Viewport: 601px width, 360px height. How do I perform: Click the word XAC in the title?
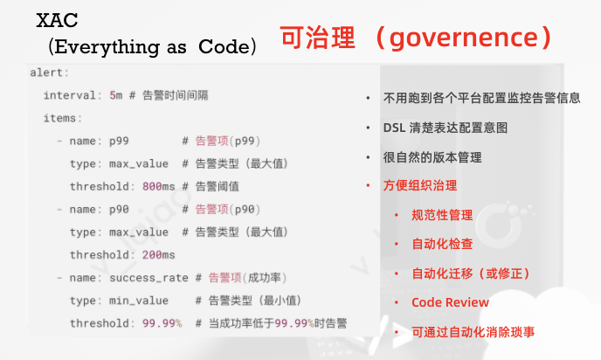(57, 20)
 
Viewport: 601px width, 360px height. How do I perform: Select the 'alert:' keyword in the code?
(50, 73)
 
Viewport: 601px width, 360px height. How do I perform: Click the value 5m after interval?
(116, 95)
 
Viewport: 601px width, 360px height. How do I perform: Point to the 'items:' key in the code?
(63, 118)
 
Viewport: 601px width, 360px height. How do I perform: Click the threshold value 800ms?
(159, 186)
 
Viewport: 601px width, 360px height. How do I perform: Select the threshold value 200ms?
(159, 255)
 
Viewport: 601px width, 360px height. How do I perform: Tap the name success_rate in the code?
(149, 278)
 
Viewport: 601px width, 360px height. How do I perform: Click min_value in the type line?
(139, 301)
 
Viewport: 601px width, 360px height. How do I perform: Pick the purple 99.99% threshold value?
(162, 323)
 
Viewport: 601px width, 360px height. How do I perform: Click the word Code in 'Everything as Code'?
(225, 47)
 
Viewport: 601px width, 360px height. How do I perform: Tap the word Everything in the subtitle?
(107, 47)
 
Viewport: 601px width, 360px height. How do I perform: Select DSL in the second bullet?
(394, 128)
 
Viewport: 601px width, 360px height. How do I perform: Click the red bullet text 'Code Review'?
(451, 302)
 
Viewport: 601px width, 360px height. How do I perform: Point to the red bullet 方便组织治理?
(420, 185)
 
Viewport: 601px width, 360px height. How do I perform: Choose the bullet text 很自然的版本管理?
(432, 157)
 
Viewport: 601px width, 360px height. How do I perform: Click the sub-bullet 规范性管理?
(442, 215)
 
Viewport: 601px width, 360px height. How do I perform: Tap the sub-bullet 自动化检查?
(442, 244)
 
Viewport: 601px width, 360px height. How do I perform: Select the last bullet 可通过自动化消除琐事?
(473, 332)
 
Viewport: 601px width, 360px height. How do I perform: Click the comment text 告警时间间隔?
(176, 95)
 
